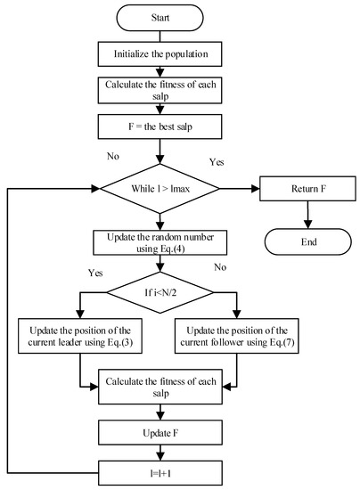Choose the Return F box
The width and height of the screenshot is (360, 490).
[x=307, y=189]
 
